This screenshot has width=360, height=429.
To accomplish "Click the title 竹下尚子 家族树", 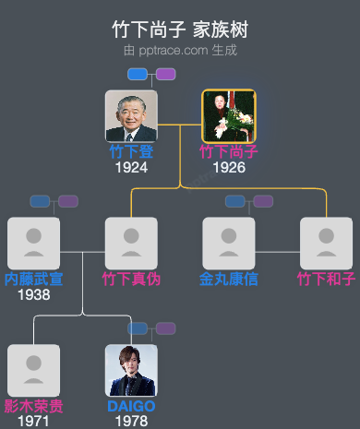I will tap(179, 30).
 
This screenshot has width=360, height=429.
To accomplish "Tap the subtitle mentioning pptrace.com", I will tap(179, 50).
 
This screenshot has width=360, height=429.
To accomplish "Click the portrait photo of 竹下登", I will tap(131, 116).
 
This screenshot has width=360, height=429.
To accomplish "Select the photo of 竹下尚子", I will tap(229, 116).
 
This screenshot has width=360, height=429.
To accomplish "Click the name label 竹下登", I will tap(131, 152).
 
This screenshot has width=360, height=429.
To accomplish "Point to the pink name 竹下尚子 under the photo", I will tap(229, 152).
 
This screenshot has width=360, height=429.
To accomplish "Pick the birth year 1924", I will tap(131, 168).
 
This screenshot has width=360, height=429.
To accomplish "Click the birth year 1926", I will tap(229, 168).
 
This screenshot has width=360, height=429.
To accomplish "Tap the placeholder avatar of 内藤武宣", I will tap(33, 244).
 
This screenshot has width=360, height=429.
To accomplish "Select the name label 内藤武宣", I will tap(33, 279).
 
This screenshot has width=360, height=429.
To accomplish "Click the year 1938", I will tap(33, 295).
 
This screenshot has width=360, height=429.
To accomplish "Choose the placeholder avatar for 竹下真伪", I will tap(131, 244).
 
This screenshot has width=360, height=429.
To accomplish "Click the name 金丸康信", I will tap(229, 279).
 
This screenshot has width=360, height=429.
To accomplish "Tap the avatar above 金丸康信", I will tap(229, 244).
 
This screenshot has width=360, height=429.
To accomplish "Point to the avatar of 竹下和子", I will tap(326, 244).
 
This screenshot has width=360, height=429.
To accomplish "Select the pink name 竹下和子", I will tap(326, 279).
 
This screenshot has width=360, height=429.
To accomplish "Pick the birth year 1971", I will tap(33, 422).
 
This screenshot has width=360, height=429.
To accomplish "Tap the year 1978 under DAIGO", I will tap(131, 422).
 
